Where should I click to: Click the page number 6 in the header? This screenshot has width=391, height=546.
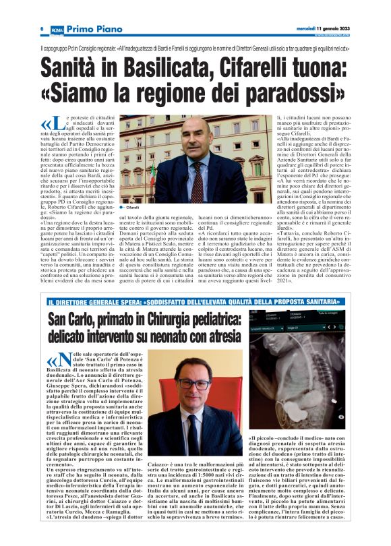pyautogui.click(x=42, y=28)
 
